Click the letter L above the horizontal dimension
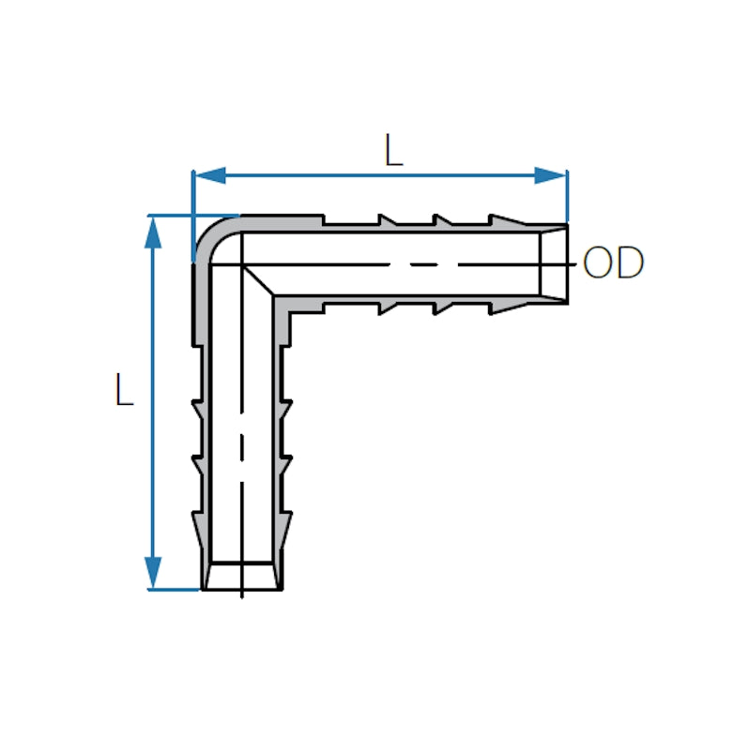pos(393,151)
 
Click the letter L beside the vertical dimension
pos(123,390)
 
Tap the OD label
pos(613,264)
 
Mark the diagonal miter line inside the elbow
pos(258,281)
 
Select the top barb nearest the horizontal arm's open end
pos(503,220)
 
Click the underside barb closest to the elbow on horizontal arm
pos(386,307)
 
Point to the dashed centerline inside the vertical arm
pos(242,450)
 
